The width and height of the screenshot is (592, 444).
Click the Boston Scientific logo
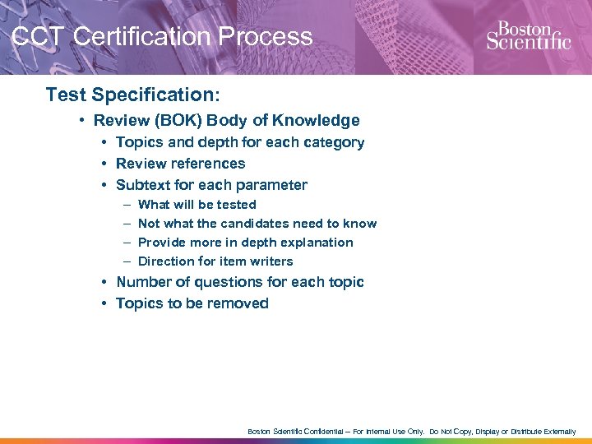click(x=528, y=35)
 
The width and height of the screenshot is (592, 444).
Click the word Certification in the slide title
click(x=132, y=37)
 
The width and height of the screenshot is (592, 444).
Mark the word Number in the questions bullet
click(x=145, y=282)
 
